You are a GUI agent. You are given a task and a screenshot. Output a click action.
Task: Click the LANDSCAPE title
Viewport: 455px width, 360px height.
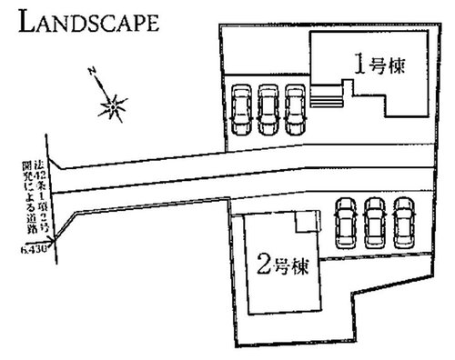tap(87, 21)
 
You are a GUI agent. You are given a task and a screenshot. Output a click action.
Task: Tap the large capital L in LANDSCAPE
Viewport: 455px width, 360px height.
tap(27, 20)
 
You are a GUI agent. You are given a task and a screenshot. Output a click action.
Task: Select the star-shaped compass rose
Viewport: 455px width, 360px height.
tap(113, 107)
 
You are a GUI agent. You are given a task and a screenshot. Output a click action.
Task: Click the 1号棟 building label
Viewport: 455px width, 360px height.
tap(379, 65)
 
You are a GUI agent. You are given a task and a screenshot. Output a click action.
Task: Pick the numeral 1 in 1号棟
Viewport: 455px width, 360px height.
tap(359, 65)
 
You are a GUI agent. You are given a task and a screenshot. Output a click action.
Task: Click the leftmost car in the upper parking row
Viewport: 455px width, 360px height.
tap(241, 107)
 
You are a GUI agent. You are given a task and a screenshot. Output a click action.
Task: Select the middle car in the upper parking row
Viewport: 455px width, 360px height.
tap(268, 107)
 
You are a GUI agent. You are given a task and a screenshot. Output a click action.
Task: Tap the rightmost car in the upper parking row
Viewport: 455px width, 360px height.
tap(294, 107)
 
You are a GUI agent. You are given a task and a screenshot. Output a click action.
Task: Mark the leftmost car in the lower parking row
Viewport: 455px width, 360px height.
tap(347, 221)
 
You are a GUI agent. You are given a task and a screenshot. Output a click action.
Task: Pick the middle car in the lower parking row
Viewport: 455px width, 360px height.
tap(375, 221)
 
